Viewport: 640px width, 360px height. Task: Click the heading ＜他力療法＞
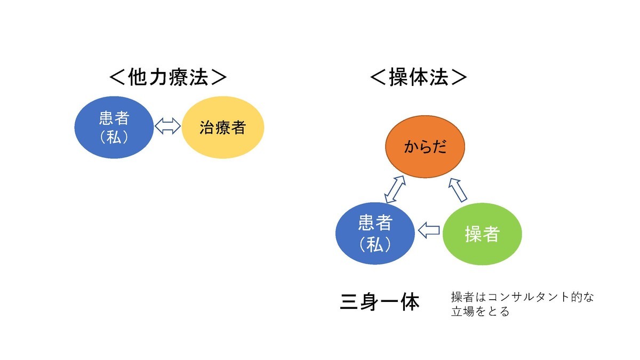pyautogui.click(x=168, y=77)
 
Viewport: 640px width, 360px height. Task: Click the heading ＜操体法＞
pyautogui.click(x=418, y=77)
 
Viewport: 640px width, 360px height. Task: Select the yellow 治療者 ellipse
pyautogui.click(x=223, y=127)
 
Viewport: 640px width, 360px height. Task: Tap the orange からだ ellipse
pyautogui.click(x=425, y=147)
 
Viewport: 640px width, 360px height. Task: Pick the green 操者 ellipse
pyautogui.click(x=482, y=234)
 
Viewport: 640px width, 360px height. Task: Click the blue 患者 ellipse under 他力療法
pyautogui.click(x=114, y=127)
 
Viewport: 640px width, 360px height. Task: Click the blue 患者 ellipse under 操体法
pyautogui.click(x=375, y=234)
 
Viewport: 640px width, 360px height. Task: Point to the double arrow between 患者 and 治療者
pyautogui.click(x=167, y=126)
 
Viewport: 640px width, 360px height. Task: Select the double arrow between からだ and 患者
pyautogui.click(x=395, y=189)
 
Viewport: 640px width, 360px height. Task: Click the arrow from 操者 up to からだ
pyautogui.click(x=458, y=190)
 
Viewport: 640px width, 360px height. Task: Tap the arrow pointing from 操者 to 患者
pyautogui.click(x=429, y=230)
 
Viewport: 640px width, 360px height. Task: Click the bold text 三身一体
pyautogui.click(x=380, y=302)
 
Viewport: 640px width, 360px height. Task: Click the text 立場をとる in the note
pyautogui.click(x=481, y=311)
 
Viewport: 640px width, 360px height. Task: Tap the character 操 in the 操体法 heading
pyautogui.click(x=399, y=77)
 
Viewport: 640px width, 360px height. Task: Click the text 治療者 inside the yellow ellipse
pyautogui.click(x=223, y=127)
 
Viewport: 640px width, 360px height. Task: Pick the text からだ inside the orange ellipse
pyautogui.click(x=425, y=147)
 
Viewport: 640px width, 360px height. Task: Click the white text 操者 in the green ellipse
pyautogui.click(x=482, y=234)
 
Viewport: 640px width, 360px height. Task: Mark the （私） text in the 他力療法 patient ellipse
pyautogui.click(x=114, y=138)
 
